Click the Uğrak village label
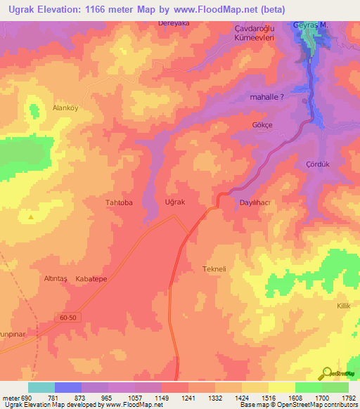tap(174, 202)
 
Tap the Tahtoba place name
tap(119, 202)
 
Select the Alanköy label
tap(67, 108)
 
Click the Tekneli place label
tap(214, 269)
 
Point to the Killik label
tap(343, 307)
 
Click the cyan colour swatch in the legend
tap(41, 387)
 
